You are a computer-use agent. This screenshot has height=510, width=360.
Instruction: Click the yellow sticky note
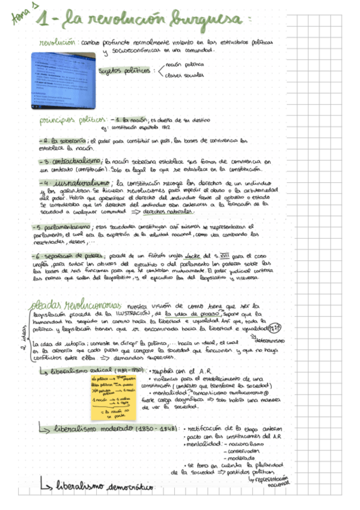click(112, 393)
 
